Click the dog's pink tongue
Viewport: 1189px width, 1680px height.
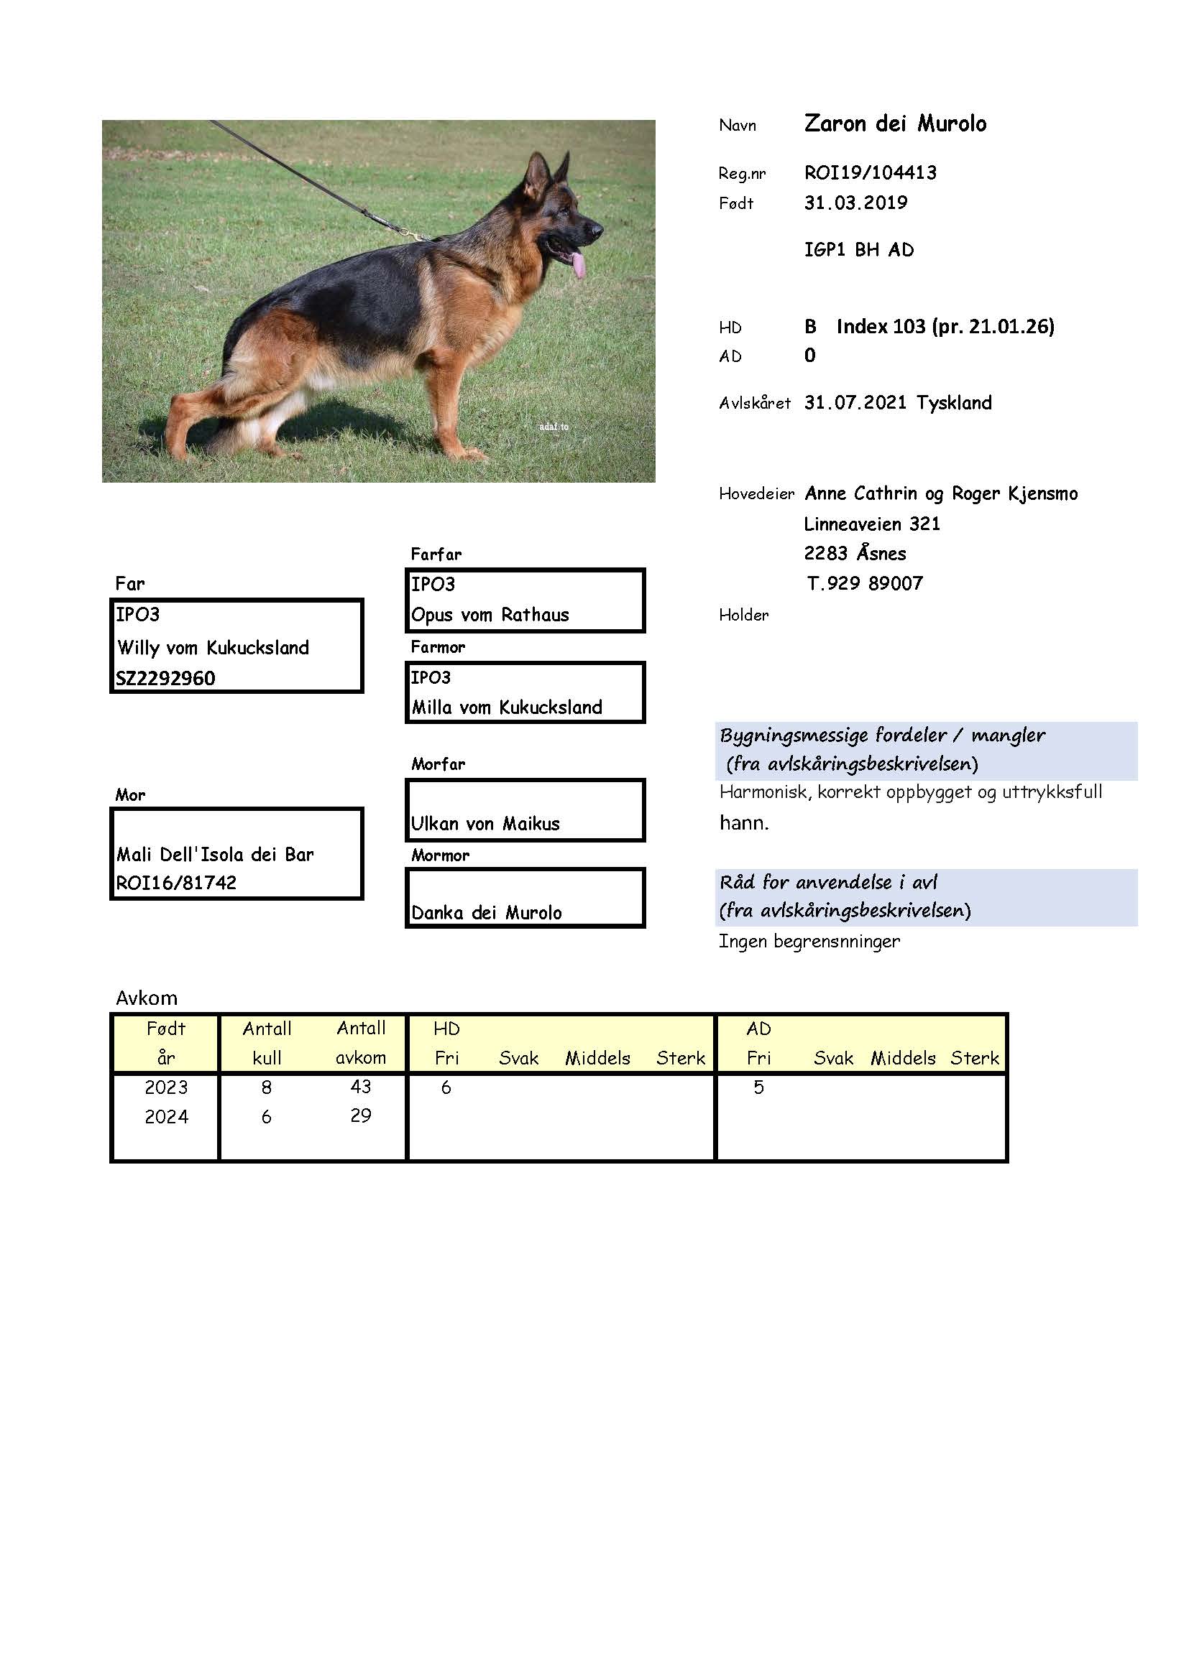point(579,266)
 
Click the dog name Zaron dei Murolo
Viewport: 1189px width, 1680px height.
point(895,124)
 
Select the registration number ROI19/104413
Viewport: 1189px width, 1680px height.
point(870,172)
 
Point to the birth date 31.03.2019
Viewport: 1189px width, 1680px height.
point(855,203)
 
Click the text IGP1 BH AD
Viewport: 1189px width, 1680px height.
point(859,250)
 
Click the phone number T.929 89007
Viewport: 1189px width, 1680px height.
point(864,583)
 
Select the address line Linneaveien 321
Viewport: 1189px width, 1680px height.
point(871,524)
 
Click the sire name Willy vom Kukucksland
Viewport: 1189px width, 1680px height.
point(213,648)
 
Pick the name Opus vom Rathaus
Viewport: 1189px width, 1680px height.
point(490,615)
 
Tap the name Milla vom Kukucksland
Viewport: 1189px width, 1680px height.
point(507,707)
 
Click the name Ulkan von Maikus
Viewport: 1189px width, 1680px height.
point(485,824)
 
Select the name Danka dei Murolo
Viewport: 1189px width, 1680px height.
point(486,912)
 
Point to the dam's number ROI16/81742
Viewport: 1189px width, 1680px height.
point(175,883)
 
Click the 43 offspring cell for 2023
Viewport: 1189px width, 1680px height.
point(360,1087)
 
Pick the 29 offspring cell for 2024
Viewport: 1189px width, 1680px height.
point(360,1116)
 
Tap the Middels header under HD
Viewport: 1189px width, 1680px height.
point(597,1058)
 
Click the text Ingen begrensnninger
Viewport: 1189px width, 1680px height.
point(809,942)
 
